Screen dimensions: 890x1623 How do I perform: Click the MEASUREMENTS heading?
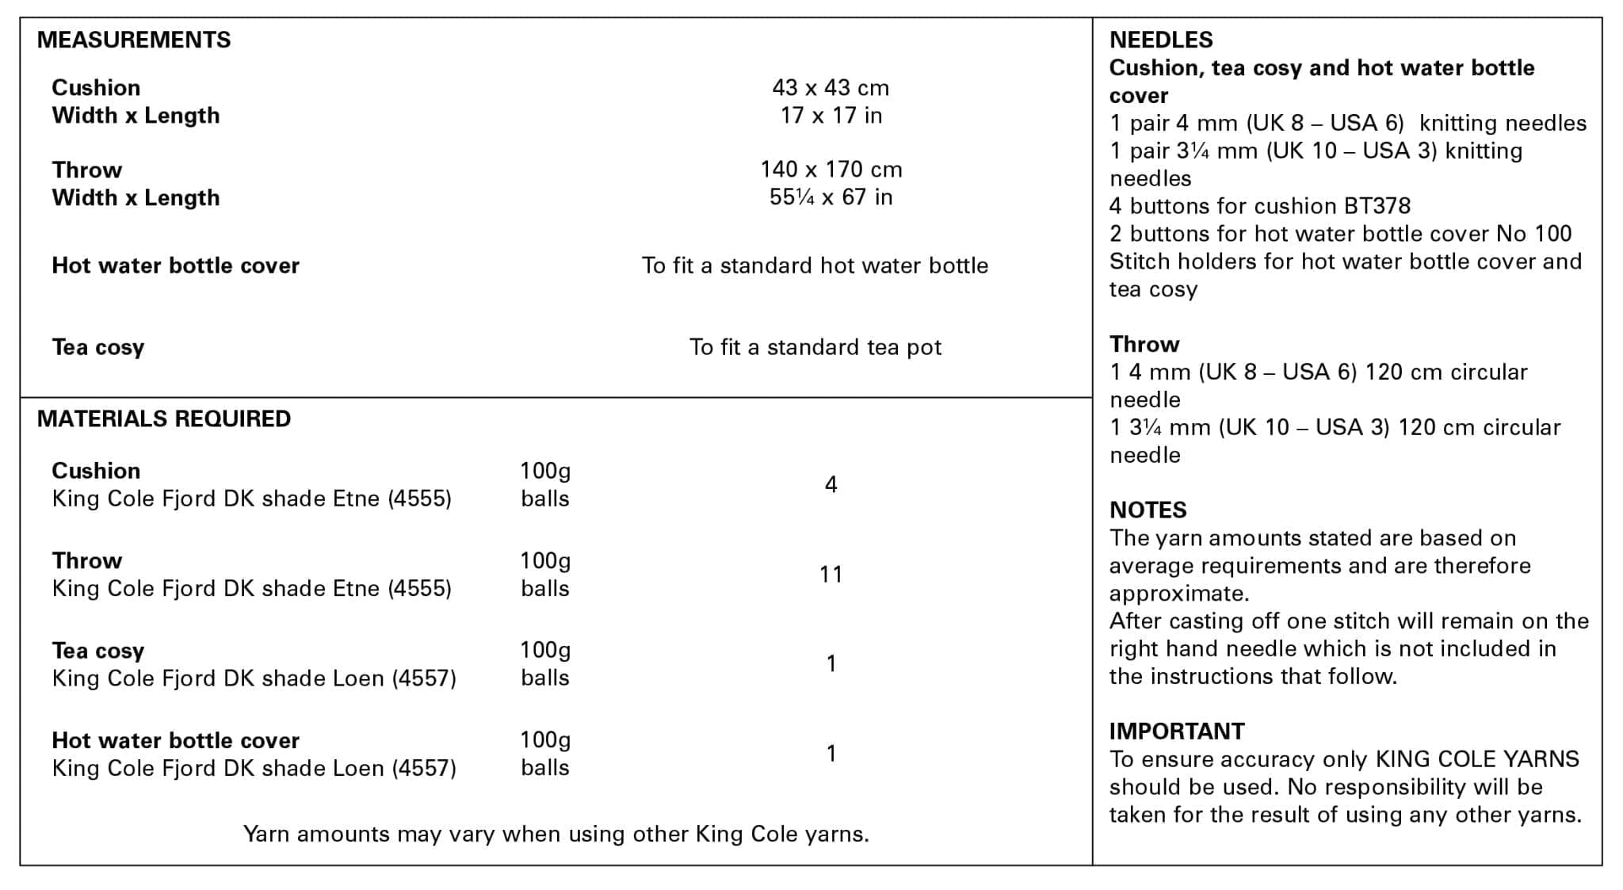pyautogui.click(x=134, y=40)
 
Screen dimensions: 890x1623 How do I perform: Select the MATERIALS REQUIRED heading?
pyautogui.click(x=164, y=418)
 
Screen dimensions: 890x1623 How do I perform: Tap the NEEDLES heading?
pyautogui.click(x=1161, y=40)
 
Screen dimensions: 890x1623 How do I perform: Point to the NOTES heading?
pyautogui.click(x=1148, y=510)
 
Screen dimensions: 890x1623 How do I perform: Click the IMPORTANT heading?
pyautogui.click(x=1177, y=731)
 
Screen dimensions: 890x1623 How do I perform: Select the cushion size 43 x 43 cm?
pyautogui.click(x=831, y=87)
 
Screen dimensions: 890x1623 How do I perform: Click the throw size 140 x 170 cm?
pyautogui.click(x=831, y=169)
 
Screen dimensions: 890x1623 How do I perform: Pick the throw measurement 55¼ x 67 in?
pyautogui.click(x=831, y=197)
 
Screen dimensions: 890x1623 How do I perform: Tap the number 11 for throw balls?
pyautogui.click(x=831, y=574)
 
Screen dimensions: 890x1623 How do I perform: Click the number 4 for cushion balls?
pyautogui.click(x=831, y=484)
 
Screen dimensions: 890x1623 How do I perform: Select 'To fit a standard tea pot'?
pyautogui.click(x=815, y=347)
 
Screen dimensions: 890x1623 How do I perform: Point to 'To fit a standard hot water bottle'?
pyautogui.click(x=815, y=265)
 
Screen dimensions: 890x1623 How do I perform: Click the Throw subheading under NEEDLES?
pyautogui.click(x=1144, y=344)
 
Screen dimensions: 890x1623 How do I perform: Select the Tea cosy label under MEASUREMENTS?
pyautogui.click(x=98, y=347)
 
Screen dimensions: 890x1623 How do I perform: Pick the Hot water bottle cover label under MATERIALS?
pyautogui.click(x=175, y=740)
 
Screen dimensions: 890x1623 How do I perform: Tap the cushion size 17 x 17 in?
pyautogui.click(x=831, y=116)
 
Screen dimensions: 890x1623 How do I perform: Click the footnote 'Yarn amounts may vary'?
pyautogui.click(x=556, y=834)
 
